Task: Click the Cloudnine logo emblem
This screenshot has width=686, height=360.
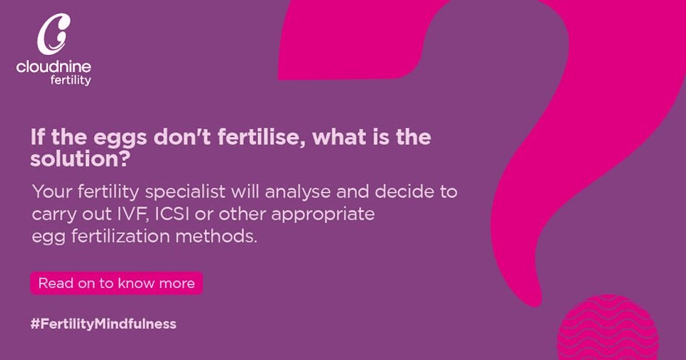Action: [x=54, y=34]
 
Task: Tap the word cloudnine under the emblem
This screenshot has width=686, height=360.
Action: [x=54, y=67]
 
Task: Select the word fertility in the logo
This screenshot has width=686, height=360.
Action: [x=71, y=81]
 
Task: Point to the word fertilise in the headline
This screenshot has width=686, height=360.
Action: [x=262, y=137]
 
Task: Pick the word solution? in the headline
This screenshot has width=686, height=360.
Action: [x=80, y=159]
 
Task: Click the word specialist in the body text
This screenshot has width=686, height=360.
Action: [x=185, y=192]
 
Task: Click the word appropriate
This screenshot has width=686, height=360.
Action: [x=323, y=215]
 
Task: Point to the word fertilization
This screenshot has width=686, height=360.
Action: [x=121, y=236]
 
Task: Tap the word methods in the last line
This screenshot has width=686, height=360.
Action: [x=216, y=236]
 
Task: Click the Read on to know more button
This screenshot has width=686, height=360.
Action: [x=116, y=283]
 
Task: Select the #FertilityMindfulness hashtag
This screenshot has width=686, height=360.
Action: [x=103, y=324]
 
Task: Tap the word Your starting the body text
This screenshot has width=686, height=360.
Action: [x=52, y=192]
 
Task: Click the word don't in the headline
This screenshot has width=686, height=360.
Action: [x=182, y=137]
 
